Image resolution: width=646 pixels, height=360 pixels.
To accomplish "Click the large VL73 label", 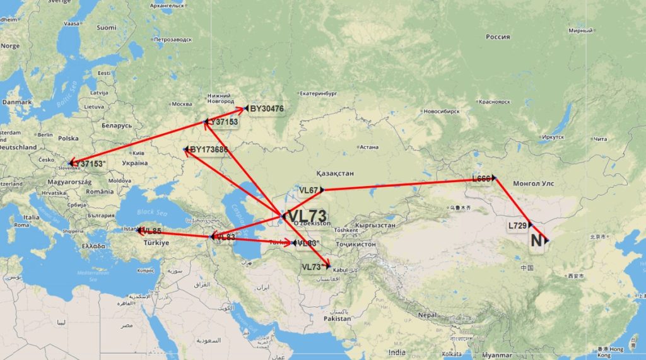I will pos(307,216).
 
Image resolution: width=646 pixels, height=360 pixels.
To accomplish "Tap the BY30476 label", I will pos(267,109).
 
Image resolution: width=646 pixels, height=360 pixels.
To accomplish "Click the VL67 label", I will pos(308,190).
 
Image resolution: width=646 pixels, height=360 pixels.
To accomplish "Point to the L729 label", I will pos(518,225).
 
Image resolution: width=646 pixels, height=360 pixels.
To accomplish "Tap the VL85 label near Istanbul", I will pos(151,231).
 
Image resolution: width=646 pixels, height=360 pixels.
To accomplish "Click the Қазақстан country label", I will pos(335,173).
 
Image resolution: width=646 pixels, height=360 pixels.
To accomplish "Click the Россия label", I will pos(498,37).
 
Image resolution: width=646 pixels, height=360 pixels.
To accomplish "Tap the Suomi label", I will pos(106,27).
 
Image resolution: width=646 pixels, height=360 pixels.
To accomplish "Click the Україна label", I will pos(134,163).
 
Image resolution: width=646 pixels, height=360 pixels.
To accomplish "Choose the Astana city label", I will pos(368,148).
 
